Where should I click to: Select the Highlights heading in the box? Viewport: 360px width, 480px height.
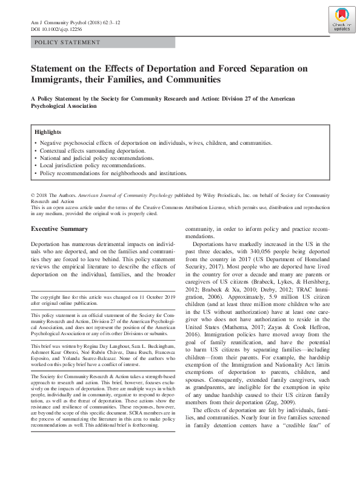point(48,132)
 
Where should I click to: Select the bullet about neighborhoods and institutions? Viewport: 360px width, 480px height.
point(113,173)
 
